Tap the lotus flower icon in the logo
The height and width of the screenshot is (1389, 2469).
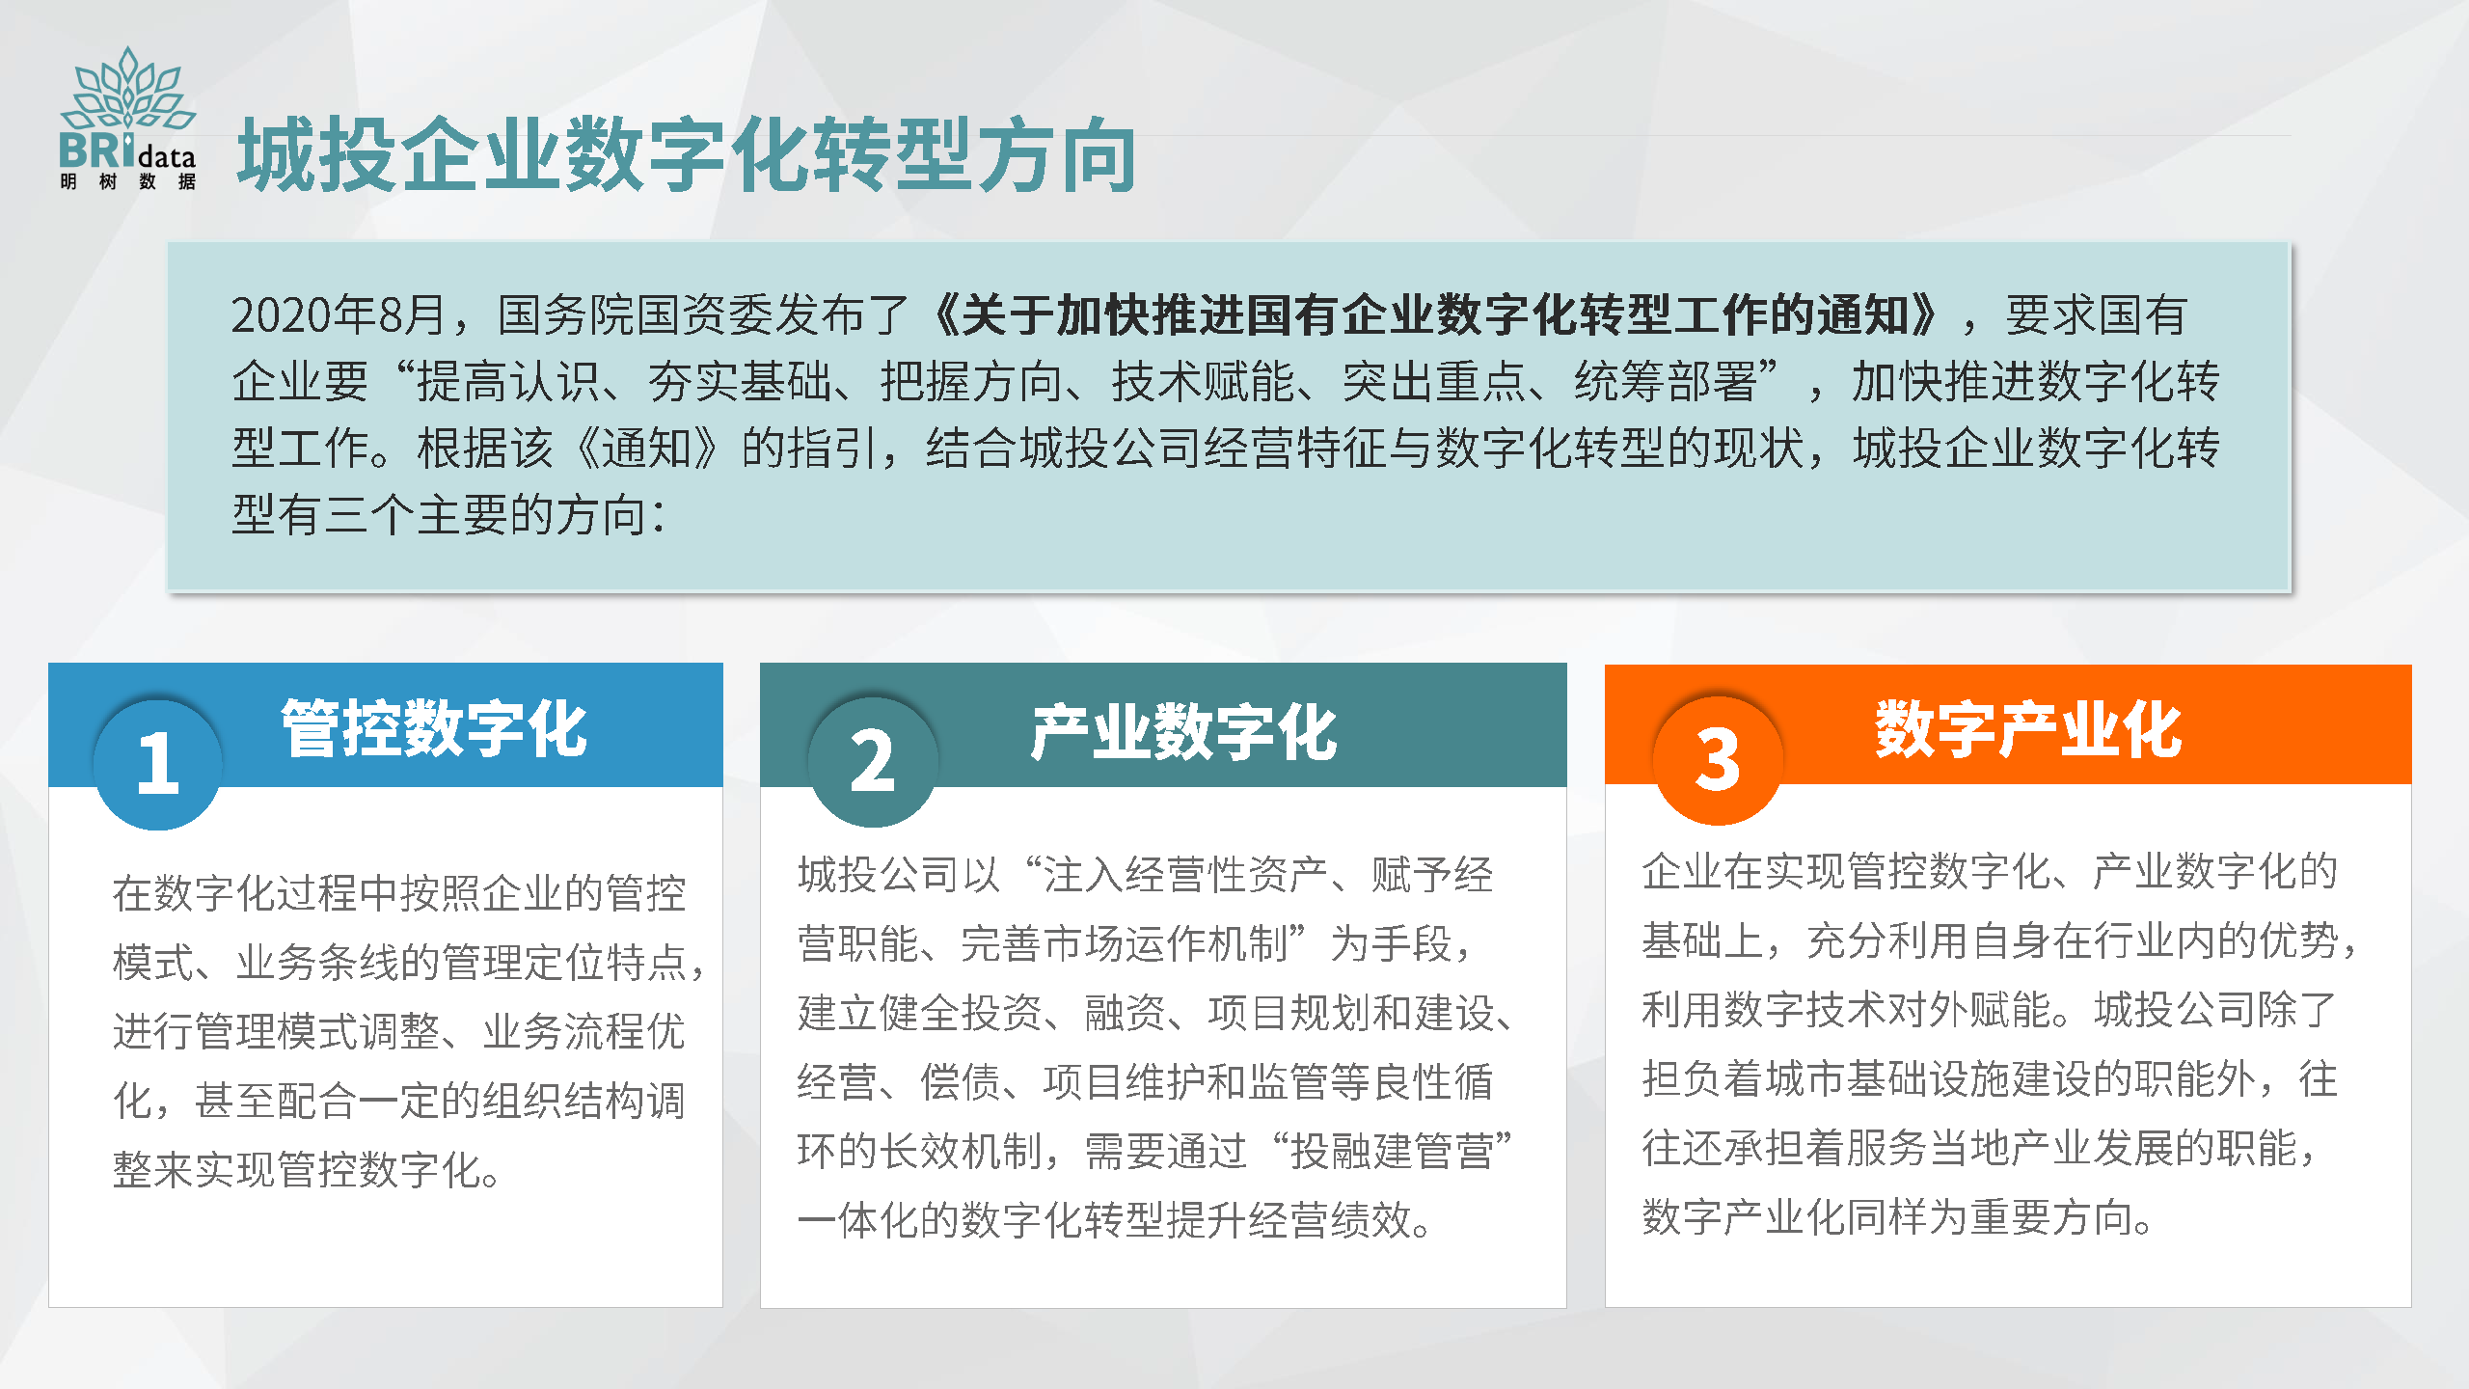pos(128,89)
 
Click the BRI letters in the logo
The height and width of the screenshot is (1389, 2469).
pos(97,150)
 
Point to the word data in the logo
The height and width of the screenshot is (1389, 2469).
pos(167,157)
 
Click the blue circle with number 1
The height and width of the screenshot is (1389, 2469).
pos(158,764)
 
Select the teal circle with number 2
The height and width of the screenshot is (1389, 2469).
pos(873,761)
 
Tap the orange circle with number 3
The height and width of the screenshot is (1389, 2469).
pos(1718,760)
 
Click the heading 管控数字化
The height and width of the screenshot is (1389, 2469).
pos(434,729)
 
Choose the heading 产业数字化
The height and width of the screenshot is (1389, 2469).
pos(1183,732)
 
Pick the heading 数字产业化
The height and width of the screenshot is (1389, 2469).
pos(2028,729)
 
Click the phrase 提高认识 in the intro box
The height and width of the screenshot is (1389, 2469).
pos(508,381)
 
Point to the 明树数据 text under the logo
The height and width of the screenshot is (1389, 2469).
pos(128,181)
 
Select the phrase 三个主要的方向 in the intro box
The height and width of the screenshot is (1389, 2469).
pos(485,514)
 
